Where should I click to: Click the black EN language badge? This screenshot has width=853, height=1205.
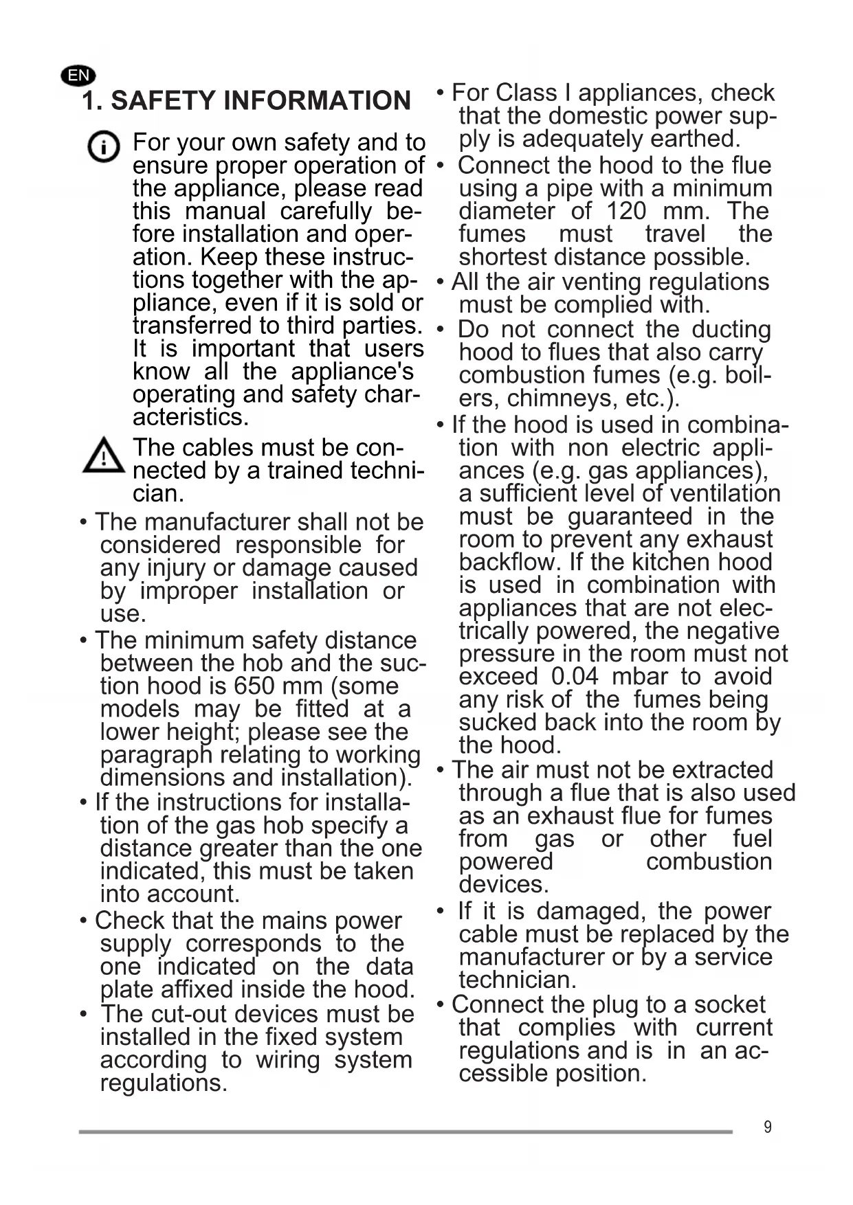(x=78, y=75)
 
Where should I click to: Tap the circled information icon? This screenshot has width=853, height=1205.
(x=104, y=147)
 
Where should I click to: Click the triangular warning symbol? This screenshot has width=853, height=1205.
(x=103, y=455)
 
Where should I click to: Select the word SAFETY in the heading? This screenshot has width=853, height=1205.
(x=163, y=101)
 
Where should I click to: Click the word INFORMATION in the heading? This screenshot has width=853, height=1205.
(x=318, y=101)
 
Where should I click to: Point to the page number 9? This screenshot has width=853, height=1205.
(x=768, y=1127)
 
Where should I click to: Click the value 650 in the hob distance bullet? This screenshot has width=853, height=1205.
(x=254, y=686)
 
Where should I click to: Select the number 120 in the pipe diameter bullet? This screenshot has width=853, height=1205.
(x=626, y=211)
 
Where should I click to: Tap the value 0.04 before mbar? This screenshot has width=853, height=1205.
(x=575, y=677)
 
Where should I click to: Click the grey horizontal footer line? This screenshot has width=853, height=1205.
(x=406, y=1131)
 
